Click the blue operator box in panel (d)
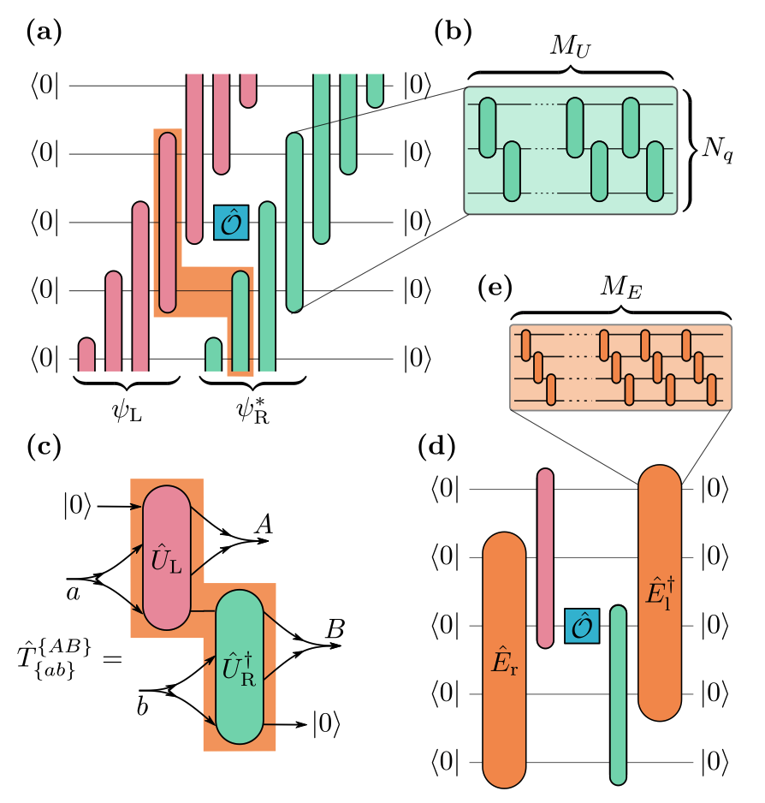tap(582, 625)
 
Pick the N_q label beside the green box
tap(717, 149)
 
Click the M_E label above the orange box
tap(620, 291)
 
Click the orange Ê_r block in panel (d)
tap(504, 659)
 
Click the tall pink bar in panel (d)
tap(545, 556)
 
